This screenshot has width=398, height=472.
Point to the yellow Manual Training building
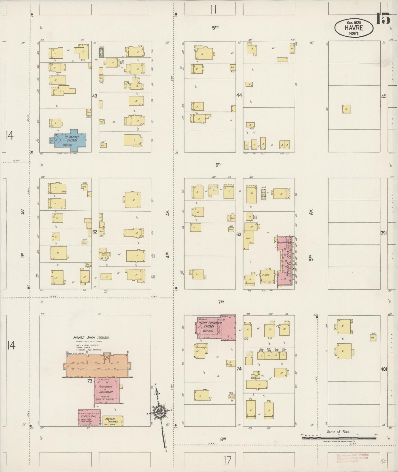[x=112, y=421]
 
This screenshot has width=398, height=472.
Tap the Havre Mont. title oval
[x=354, y=28]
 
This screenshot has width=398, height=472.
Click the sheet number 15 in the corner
[x=383, y=19]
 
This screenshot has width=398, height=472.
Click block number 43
[x=95, y=96]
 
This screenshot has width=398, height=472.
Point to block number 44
[x=239, y=95]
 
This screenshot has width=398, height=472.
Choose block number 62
[x=95, y=232]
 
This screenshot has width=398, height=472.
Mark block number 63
[x=239, y=235]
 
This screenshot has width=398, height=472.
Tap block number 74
[x=239, y=369]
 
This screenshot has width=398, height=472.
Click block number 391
[x=384, y=233]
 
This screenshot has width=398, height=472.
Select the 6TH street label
[x=218, y=164]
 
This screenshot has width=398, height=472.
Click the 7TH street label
[x=221, y=302]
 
